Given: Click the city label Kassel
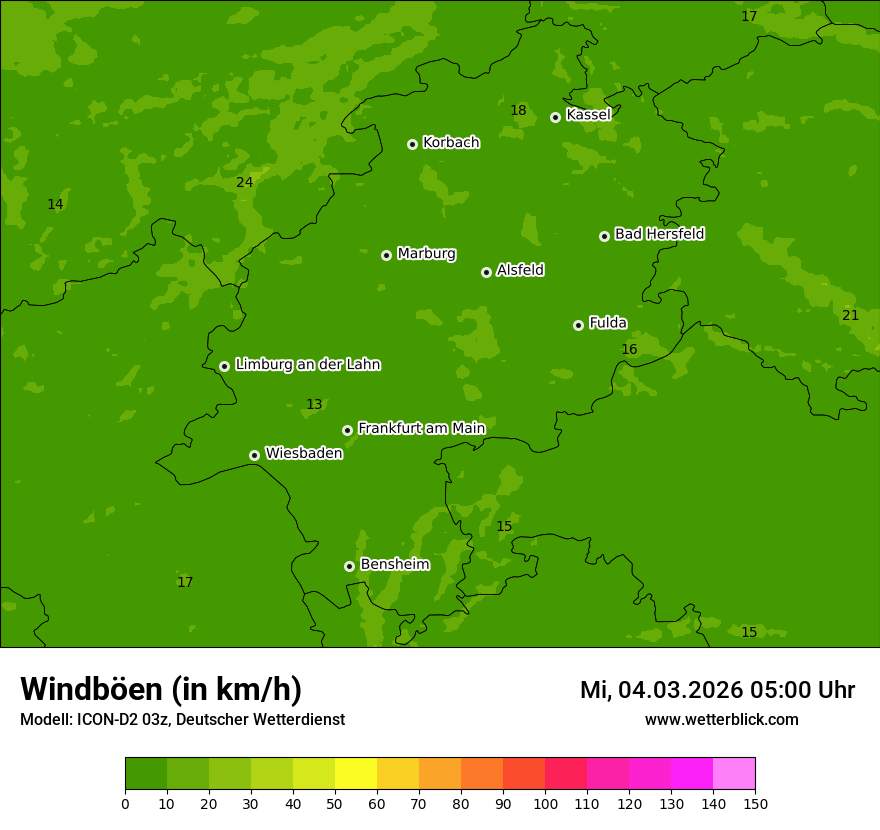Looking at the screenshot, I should [x=588, y=115].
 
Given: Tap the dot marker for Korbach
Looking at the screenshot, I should [x=412, y=144].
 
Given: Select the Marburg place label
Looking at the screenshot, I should [x=426, y=254].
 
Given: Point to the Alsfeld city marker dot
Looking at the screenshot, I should [x=486, y=272].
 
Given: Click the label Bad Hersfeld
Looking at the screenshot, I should [x=659, y=234].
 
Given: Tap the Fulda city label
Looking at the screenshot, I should [x=608, y=323].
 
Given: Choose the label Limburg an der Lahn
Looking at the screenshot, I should [x=307, y=365].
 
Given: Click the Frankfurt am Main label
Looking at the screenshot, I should [x=421, y=428].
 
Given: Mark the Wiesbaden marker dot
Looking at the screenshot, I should [x=254, y=455].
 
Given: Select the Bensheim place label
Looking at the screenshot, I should [x=394, y=564].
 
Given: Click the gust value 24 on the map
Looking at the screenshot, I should [x=244, y=182].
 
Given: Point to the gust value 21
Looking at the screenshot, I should [x=850, y=315].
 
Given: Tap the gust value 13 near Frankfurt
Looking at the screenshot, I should [x=314, y=405].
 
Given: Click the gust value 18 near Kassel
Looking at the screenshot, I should [x=518, y=111].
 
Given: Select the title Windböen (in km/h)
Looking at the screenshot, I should [x=161, y=689].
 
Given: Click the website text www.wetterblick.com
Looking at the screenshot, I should [x=721, y=720].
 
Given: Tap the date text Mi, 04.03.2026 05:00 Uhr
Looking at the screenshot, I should [x=717, y=690].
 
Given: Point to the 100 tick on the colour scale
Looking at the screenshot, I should [x=545, y=803].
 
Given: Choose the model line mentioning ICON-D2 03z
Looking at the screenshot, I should [x=182, y=720].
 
